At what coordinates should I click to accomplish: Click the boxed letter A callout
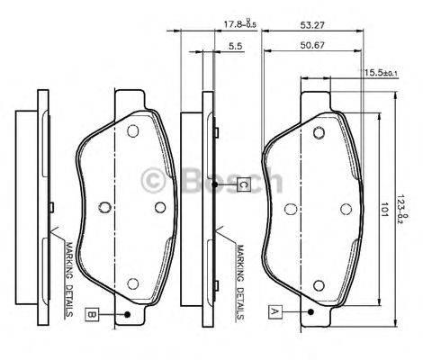click(274, 312)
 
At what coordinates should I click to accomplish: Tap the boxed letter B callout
click(94, 313)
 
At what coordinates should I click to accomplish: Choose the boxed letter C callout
click(243, 184)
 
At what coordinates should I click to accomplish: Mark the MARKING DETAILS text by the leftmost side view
click(68, 278)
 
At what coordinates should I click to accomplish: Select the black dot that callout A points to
click(310, 312)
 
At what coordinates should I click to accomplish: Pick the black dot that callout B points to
click(129, 313)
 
